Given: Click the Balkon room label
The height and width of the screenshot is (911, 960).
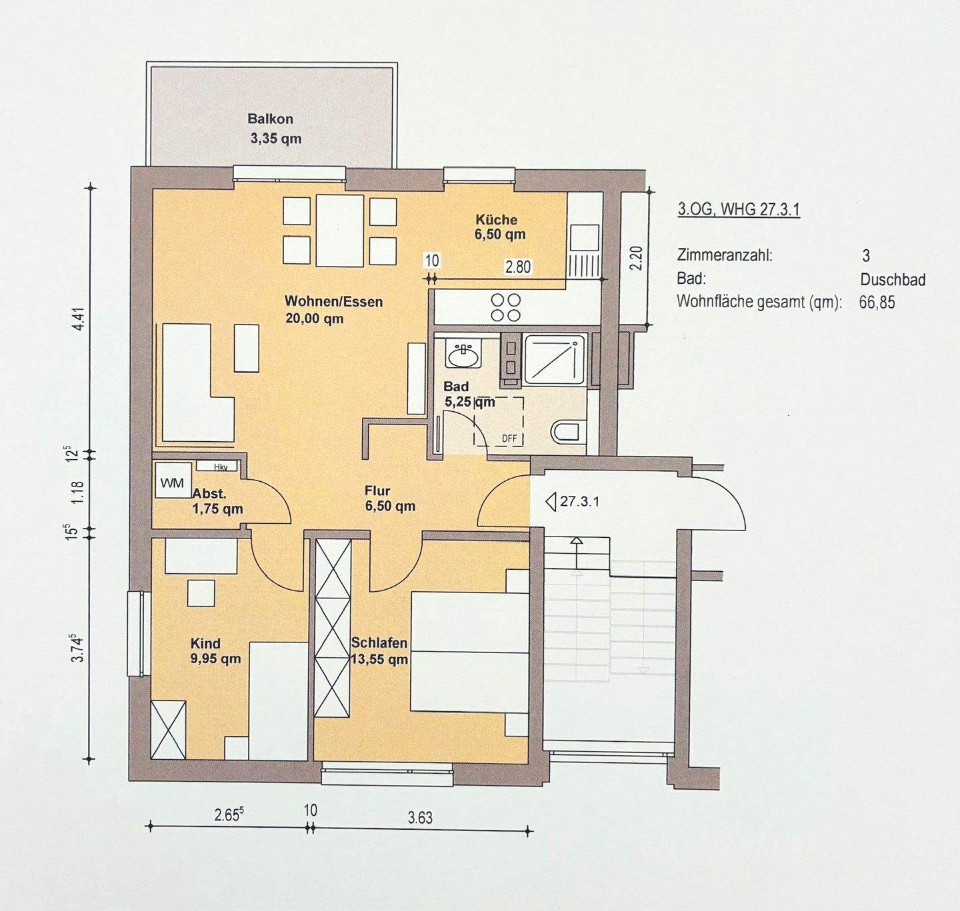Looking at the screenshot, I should [270, 119].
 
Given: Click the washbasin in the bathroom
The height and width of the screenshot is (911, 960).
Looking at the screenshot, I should [463, 355].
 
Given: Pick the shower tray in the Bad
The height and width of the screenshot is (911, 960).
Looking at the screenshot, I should [554, 360].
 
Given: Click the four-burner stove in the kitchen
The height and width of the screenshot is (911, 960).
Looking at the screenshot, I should [506, 307].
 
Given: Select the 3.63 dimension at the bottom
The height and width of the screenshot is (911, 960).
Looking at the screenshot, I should [420, 817].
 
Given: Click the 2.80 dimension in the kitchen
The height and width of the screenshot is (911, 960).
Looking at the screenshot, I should [518, 267].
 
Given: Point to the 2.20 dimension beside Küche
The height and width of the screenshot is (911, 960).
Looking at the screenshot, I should [637, 257].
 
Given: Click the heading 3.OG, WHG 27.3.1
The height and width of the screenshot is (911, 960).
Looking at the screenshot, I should [739, 209].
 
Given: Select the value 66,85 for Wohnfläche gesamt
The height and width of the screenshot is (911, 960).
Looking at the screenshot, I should [877, 303].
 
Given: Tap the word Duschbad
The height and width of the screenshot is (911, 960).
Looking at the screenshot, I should [893, 279].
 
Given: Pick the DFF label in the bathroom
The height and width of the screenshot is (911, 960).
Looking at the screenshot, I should [509, 439].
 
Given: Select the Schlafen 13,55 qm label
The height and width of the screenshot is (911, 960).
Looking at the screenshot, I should [379, 651].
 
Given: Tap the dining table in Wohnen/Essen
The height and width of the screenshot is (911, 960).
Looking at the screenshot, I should [340, 229].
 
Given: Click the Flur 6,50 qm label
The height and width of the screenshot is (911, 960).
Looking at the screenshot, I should [389, 498].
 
